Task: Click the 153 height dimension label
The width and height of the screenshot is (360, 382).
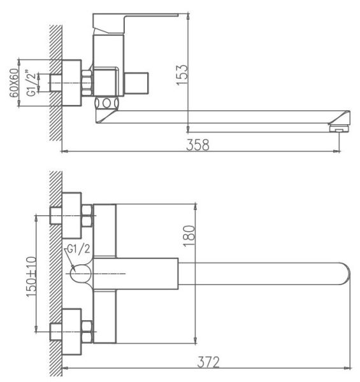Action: [182, 74]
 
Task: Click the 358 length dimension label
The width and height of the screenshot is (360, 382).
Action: [198, 145]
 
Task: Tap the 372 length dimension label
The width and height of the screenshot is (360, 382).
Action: [208, 362]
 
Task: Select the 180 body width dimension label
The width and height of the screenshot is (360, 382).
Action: [189, 236]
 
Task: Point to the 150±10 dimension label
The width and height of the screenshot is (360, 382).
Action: [31, 277]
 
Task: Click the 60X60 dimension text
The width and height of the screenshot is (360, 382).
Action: [14, 83]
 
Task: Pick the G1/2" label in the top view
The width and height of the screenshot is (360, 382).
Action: [31, 83]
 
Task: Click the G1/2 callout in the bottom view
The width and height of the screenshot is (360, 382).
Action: [78, 249]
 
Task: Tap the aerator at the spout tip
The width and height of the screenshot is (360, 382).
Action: [340, 129]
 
